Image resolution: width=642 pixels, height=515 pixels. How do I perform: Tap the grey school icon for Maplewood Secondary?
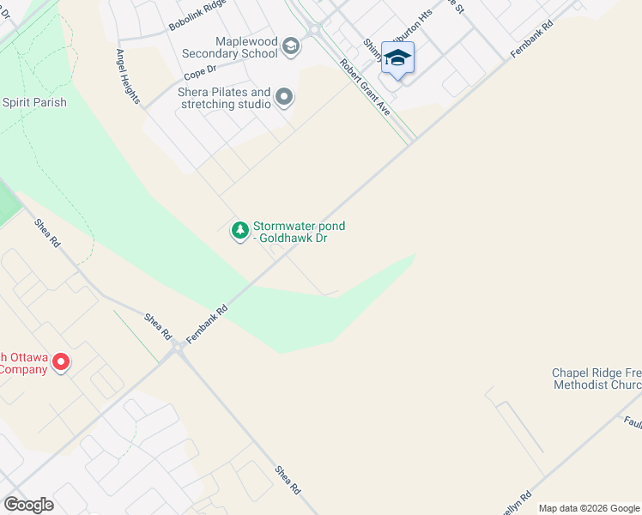(290, 46)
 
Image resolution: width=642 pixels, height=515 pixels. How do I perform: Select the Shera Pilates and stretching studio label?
(224, 98)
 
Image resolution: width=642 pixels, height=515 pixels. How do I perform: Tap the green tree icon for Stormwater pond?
(239, 231)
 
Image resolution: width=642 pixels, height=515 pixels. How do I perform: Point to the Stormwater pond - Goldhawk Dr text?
(299, 232)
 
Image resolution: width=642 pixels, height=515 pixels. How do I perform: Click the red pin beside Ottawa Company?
(60, 362)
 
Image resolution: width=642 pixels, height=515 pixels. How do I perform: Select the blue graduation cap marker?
(397, 58)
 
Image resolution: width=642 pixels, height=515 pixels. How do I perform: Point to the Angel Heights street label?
(129, 76)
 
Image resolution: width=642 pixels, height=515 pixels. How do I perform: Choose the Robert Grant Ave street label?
(365, 88)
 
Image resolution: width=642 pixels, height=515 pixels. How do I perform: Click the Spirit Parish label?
(34, 103)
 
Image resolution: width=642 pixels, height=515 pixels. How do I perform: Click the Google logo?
(28, 504)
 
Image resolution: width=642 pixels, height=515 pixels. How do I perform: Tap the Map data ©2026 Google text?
(589, 508)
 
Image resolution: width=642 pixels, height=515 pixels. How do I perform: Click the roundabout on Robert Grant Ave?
(313, 29)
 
